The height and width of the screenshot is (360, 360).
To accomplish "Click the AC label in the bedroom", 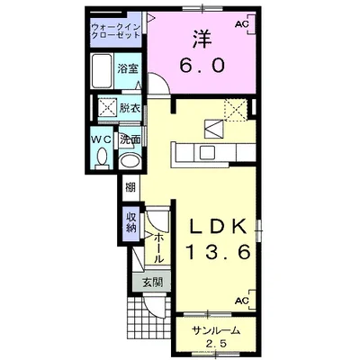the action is point(242,25).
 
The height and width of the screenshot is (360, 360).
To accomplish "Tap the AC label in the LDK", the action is point(242,301).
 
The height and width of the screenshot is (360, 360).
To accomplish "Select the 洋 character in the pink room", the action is point(202,39).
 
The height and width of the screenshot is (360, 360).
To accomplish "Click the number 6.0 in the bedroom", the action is point(202,65).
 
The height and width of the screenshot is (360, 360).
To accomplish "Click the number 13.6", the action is point(219,251).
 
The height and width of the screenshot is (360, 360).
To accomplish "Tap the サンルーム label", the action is point(216,331).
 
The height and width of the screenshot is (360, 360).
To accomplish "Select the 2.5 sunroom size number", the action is point(217,344).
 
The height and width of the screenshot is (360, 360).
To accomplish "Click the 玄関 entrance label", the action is point(152,283).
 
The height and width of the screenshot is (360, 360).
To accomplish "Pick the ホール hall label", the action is point(158,248).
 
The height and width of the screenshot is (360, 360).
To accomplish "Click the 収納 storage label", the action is point(131,222).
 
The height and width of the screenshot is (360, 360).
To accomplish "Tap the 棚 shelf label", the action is point(130,188).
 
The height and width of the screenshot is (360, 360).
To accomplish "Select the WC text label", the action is point(102,139).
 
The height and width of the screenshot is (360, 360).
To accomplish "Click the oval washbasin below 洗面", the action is point(130,161).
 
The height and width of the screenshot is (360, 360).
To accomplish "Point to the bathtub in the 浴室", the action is point(103,70).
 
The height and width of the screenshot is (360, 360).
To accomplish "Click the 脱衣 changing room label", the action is point(130,108).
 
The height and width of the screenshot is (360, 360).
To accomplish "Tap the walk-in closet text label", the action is point(116,31).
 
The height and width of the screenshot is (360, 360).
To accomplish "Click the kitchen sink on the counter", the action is point(207,152).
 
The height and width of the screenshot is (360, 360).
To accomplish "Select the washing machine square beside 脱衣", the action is point(108,108).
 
